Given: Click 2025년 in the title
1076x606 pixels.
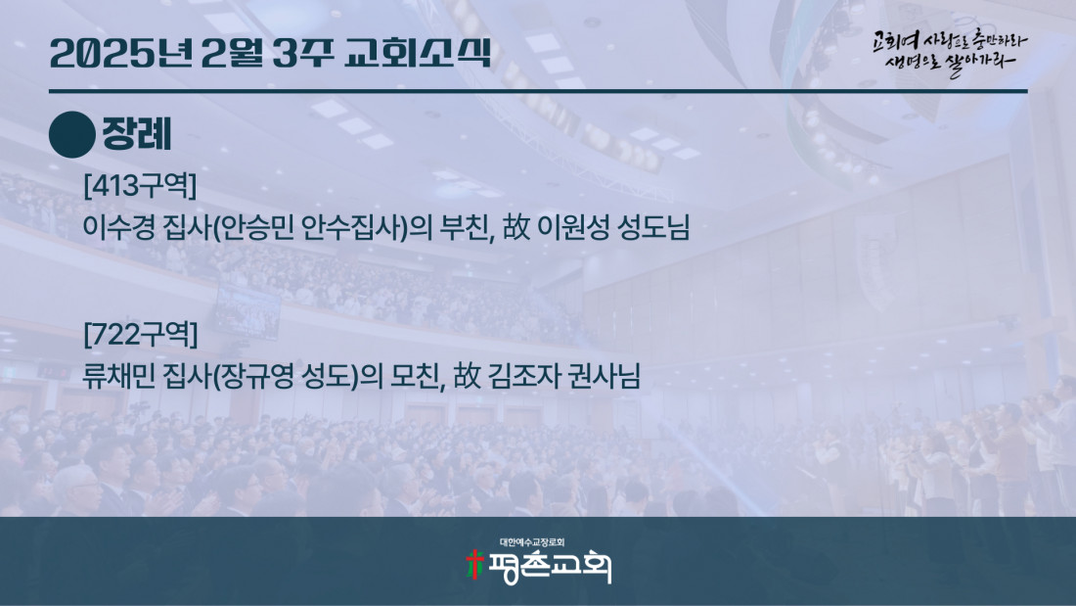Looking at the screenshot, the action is pos(120,53).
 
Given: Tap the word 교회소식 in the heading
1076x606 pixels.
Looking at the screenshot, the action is pos(418,53).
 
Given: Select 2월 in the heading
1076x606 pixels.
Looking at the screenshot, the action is pos(232,53).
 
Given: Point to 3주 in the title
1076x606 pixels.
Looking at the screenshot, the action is pos(303,53).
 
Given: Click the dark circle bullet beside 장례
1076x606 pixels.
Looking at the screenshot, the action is pos(72,135).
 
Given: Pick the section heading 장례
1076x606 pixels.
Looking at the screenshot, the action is pos(137,134).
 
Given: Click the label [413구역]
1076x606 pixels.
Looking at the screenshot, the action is pos(140,185).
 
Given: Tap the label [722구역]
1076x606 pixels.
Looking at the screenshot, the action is pos(141,335).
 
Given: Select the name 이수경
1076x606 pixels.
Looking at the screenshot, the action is pos(118,227).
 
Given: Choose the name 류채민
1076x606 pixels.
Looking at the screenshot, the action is pos(118,377).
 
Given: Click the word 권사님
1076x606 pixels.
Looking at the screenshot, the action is pos(605,377).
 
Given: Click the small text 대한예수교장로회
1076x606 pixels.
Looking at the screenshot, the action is pos(532,542).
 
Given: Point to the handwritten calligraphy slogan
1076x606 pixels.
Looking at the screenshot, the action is pos(949,52).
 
